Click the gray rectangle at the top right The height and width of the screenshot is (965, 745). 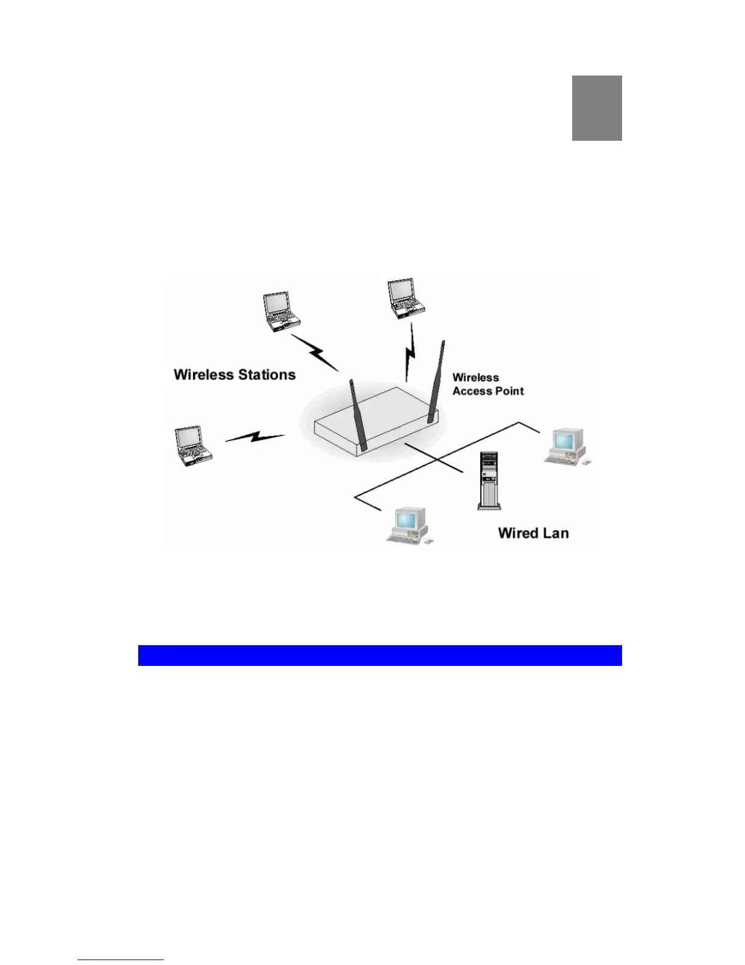click(x=596, y=108)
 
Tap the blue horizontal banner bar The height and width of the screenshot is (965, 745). click(x=380, y=655)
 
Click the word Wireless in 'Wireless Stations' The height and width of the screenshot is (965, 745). click(x=205, y=375)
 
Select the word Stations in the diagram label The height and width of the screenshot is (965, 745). click(x=267, y=375)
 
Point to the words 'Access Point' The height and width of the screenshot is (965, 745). click(x=488, y=391)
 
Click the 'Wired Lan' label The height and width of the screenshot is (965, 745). click(x=533, y=533)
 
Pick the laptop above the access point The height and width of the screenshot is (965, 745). click(x=405, y=299)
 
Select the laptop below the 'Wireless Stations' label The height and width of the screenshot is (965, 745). click(x=192, y=446)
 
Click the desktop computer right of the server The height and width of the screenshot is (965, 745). click(x=567, y=446)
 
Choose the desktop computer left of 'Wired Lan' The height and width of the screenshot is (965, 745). click(x=410, y=525)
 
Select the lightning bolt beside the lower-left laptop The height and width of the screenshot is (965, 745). click(x=256, y=437)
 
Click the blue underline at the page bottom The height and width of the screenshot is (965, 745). click(x=121, y=960)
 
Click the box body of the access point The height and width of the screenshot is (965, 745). click(x=377, y=423)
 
